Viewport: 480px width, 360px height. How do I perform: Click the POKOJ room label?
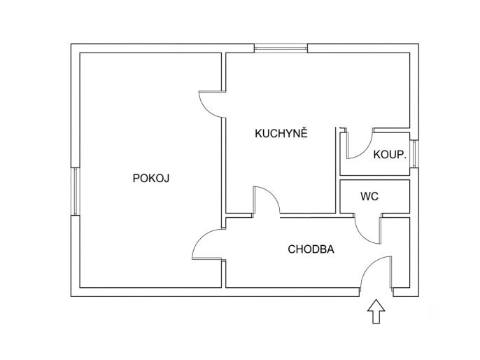[x=151, y=178]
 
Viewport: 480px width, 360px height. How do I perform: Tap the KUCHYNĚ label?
[x=281, y=133]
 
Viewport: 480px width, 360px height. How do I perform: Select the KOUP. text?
[x=390, y=154]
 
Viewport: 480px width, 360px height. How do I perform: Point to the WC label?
[x=369, y=196]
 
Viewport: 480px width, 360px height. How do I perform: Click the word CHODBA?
[x=311, y=249]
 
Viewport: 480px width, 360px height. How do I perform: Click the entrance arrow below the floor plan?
[x=376, y=311]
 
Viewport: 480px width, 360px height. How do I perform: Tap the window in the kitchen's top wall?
[x=281, y=48]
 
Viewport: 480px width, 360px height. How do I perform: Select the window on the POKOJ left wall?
[x=76, y=191]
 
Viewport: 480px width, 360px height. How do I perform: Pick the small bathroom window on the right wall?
[x=414, y=154]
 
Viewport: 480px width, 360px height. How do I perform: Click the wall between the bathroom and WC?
[x=375, y=178]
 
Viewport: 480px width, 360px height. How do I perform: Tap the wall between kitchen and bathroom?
[x=338, y=170]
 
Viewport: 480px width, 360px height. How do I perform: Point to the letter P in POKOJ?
[x=136, y=178]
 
